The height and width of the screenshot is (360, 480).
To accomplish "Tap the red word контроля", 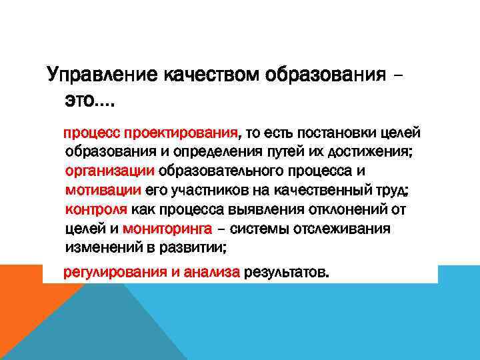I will pyautogui.click(x=97, y=210).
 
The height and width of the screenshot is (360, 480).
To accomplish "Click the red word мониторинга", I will pyautogui.click(x=167, y=229).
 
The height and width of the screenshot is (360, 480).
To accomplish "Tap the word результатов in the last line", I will pyautogui.click(x=287, y=273).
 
